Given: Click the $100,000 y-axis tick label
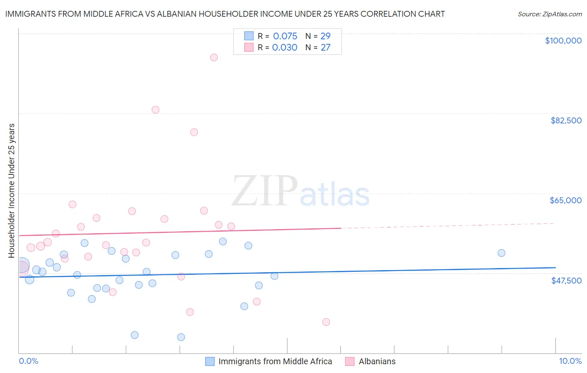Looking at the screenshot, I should [563, 41].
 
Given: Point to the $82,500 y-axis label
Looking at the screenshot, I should [566, 120].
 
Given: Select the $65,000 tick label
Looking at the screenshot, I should [565, 200].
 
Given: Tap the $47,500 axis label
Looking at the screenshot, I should [566, 281].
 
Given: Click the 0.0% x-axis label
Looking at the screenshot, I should [28, 361].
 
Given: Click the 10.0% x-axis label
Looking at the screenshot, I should [570, 361].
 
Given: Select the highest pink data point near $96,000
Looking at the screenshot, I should [214, 57].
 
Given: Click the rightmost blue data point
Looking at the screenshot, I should [501, 253].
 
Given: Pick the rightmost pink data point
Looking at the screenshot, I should [326, 322].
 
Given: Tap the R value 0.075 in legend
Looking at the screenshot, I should [285, 36].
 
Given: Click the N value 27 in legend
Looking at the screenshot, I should [325, 48].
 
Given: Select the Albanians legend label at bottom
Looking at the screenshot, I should [377, 361].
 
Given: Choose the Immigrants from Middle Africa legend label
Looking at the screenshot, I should [275, 361].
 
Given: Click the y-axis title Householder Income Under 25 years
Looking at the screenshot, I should [11, 190].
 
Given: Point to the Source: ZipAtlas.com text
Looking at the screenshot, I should [549, 14].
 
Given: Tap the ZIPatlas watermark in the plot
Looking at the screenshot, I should [301, 192].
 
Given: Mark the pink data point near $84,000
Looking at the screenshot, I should [155, 110].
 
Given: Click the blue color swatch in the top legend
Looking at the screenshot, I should [249, 36].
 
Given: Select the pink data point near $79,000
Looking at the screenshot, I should [194, 132].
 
